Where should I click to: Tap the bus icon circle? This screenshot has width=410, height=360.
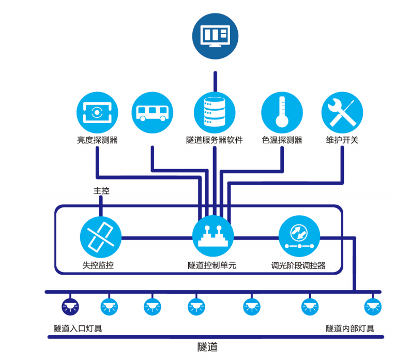click(152, 112)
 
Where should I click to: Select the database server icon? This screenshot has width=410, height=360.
click(214, 112)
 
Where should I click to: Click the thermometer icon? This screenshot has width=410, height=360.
click(282, 113)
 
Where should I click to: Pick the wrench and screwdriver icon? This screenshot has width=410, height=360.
click(342, 112)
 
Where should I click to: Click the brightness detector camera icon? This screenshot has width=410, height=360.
click(97, 112)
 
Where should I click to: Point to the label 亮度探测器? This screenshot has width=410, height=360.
click(97, 140)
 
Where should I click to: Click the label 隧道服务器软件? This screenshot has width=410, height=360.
click(214, 140)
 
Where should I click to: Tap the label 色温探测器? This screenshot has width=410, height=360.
click(282, 140)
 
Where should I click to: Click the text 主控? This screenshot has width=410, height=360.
click(101, 191)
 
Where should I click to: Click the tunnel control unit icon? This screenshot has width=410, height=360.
click(212, 237)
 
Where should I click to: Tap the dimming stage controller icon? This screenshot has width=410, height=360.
click(299, 237)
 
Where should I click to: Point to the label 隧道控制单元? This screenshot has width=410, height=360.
click(212, 265)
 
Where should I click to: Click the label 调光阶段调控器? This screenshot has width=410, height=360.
click(298, 265)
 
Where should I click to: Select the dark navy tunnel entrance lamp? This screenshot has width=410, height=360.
click(69, 307)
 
